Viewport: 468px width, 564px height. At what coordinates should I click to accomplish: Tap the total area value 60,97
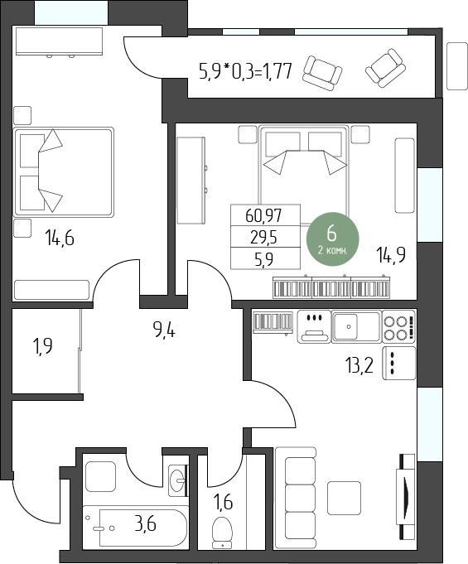(x=263, y=215)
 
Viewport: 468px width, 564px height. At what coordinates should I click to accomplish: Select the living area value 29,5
(x=263, y=238)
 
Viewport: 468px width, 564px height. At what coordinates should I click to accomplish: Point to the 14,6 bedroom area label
(x=60, y=239)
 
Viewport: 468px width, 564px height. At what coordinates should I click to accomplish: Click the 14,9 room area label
(x=391, y=255)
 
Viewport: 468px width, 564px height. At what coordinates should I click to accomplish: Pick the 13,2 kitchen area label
(x=359, y=366)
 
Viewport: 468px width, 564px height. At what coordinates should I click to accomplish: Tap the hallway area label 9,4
(x=164, y=330)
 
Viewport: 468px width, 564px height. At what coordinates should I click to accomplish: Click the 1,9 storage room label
(x=42, y=347)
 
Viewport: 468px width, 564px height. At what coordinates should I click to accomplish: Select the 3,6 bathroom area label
(x=145, y=523)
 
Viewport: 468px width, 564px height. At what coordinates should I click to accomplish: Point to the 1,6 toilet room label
(x=223, y=502)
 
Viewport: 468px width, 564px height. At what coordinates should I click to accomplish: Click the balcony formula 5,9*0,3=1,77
(x=245, y=71)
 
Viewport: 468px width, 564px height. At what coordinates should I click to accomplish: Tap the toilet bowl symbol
(x=222, y=533)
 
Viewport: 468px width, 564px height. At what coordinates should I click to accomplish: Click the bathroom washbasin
(x=178, y=480)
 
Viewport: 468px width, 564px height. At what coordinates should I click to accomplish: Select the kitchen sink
(x=356, y=326)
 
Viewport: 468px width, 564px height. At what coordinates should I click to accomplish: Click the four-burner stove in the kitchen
(x=399, y=326)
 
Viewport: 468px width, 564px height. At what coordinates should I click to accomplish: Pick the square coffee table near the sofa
(x=344, y=499)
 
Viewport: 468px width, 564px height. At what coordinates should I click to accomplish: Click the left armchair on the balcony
(x=322, y=74)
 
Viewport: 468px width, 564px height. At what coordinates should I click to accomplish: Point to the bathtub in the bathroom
(x=136, y=528)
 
